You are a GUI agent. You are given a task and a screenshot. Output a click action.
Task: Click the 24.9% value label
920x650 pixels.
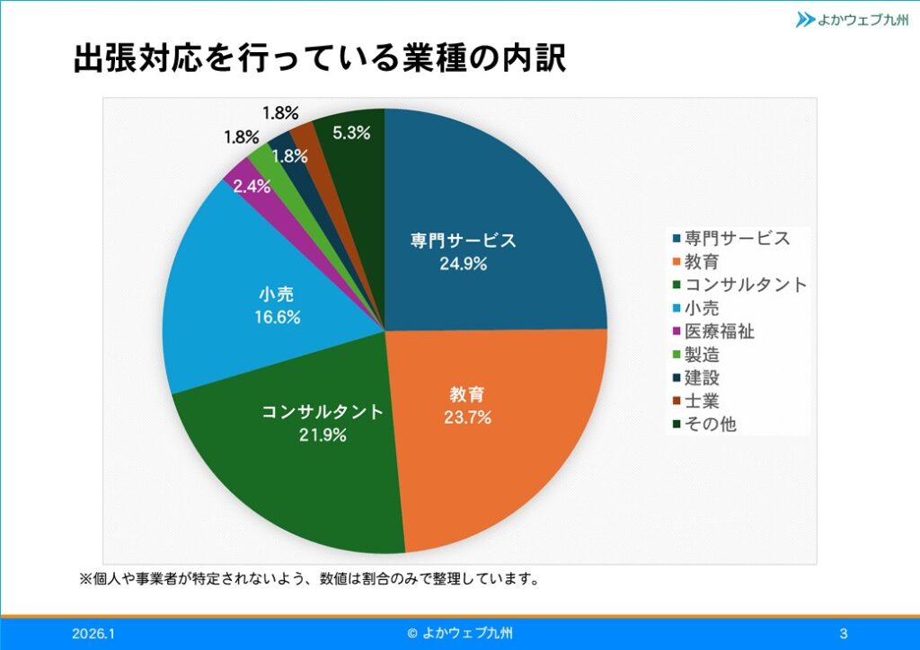point(463,264)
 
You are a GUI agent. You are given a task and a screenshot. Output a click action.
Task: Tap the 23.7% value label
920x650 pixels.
point(466,417)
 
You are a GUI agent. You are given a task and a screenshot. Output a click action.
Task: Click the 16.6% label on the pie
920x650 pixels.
point(277,317)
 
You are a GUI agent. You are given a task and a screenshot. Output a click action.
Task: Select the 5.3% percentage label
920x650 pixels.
point(351,133)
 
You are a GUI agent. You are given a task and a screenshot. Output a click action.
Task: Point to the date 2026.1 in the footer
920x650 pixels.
point(93,634)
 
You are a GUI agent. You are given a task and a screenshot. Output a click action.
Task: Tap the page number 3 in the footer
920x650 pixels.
point(843,634)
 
